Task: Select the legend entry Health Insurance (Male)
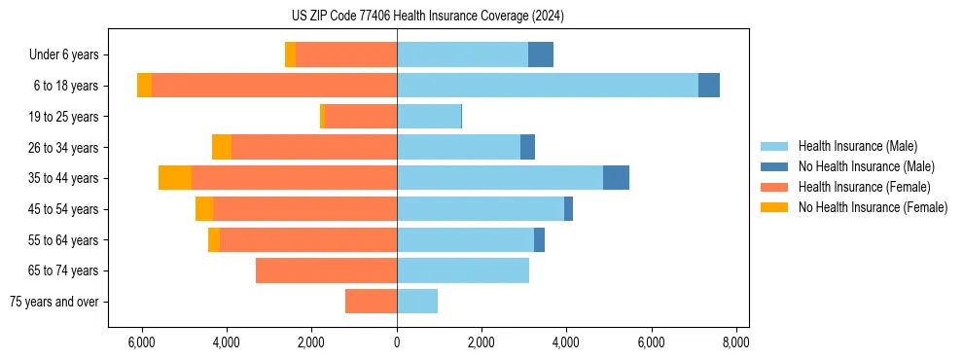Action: (x=857, y=146)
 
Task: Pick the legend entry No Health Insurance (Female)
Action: (x=873, y=207)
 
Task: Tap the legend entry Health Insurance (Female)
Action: (x=864, y=187)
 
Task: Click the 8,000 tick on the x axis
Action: (x=735, y=342)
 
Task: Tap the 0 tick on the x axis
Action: (x=397, y=342)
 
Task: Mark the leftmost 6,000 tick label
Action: (x=142, y=342)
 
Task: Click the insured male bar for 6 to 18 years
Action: (x=548, y=86)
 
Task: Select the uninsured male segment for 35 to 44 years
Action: (x=616, y=178)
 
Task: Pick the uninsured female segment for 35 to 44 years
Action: (x=175, y=178)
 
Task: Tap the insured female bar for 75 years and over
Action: (x=371, y=302)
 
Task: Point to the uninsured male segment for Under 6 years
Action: (x=541, y=55)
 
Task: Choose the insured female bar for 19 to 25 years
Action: (x=360, y=117)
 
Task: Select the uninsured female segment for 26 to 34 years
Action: (x=222, y=147)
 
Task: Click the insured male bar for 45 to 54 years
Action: (x=481, y=209)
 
